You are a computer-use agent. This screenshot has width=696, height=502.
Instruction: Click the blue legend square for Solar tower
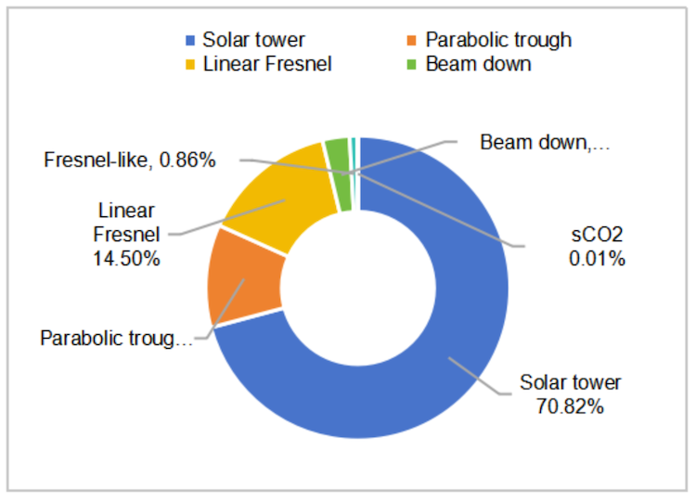191,40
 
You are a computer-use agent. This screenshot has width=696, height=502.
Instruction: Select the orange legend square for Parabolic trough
413,40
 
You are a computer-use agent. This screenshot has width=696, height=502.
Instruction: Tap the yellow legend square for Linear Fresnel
191,64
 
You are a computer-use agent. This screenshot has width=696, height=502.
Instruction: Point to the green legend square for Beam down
413,64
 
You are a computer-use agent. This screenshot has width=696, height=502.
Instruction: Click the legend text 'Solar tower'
253,40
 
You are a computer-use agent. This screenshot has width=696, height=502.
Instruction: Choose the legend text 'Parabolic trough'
498,40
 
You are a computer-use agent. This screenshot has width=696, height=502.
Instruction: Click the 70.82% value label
570,405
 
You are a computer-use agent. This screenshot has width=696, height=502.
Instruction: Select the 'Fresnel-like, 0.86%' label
130,161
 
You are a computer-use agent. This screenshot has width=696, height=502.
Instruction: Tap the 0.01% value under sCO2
597,257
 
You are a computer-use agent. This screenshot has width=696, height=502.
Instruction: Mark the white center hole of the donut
360,287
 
